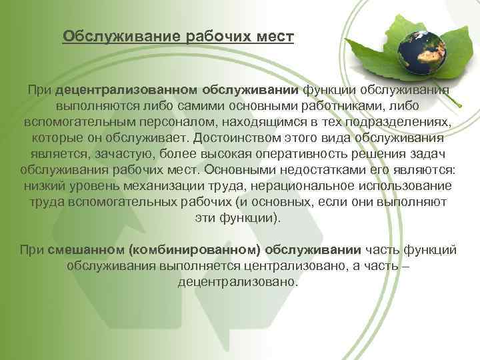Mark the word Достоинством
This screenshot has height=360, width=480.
234,139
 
